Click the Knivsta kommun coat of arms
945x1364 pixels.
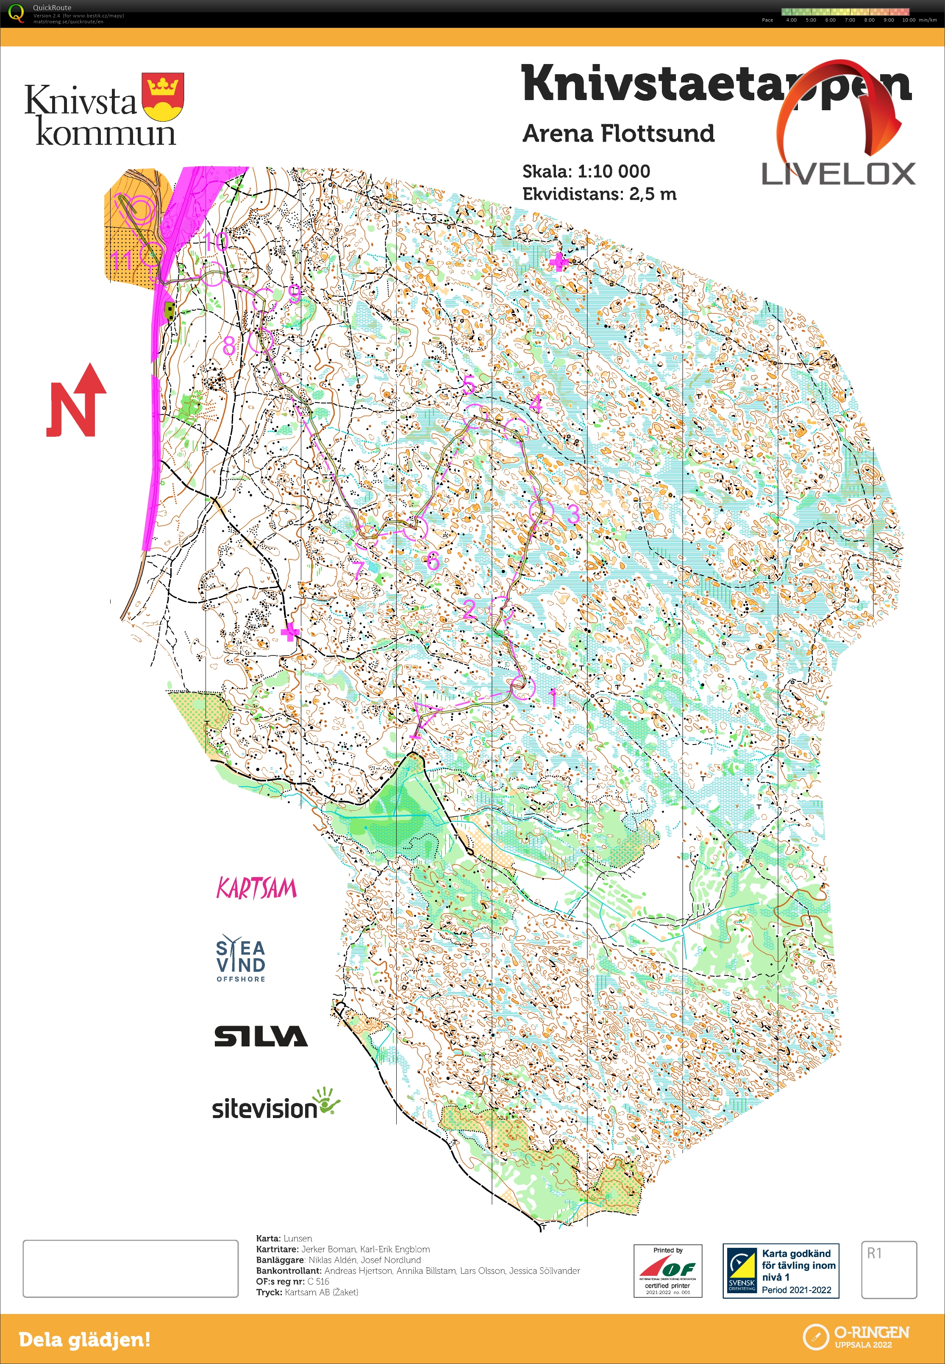163,97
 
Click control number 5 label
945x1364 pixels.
468,385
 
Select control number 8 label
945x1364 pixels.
228,345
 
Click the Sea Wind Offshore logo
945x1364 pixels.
240,960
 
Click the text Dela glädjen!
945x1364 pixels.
85,1339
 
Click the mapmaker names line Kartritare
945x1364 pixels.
343,1249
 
